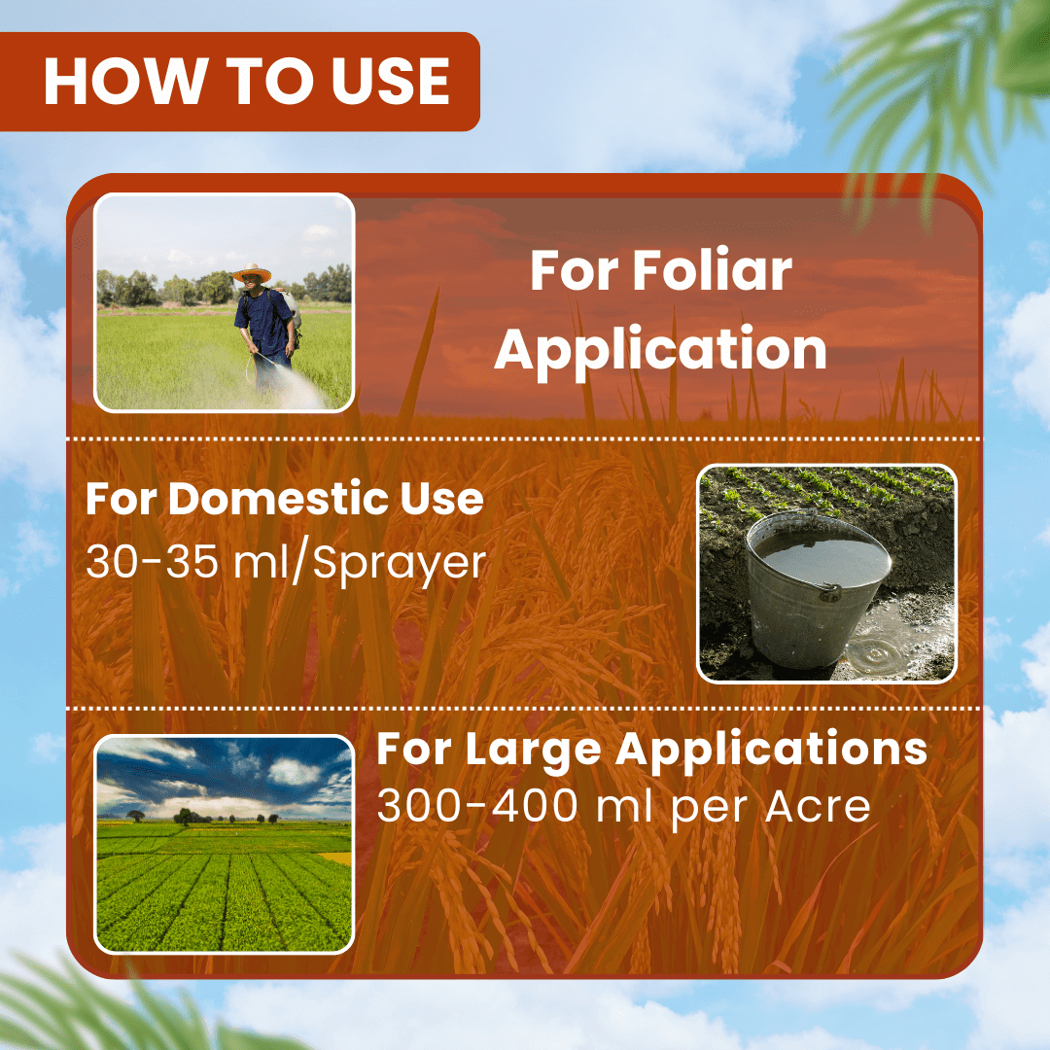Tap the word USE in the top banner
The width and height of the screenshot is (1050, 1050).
(391, 81)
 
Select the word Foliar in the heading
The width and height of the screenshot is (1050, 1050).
(713, 270)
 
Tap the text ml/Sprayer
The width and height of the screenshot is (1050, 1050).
(360, 564)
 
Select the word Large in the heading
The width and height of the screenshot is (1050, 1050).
(533, 750)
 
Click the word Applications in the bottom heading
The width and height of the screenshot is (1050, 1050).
(771, 750)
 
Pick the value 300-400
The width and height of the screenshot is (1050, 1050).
(476, 806)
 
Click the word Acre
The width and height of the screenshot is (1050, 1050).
(818, 806)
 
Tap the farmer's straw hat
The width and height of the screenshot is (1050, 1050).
(252, 272)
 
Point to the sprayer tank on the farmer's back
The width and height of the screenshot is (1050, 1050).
(292, 309)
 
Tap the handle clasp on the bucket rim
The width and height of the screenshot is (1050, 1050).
(830, 592)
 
